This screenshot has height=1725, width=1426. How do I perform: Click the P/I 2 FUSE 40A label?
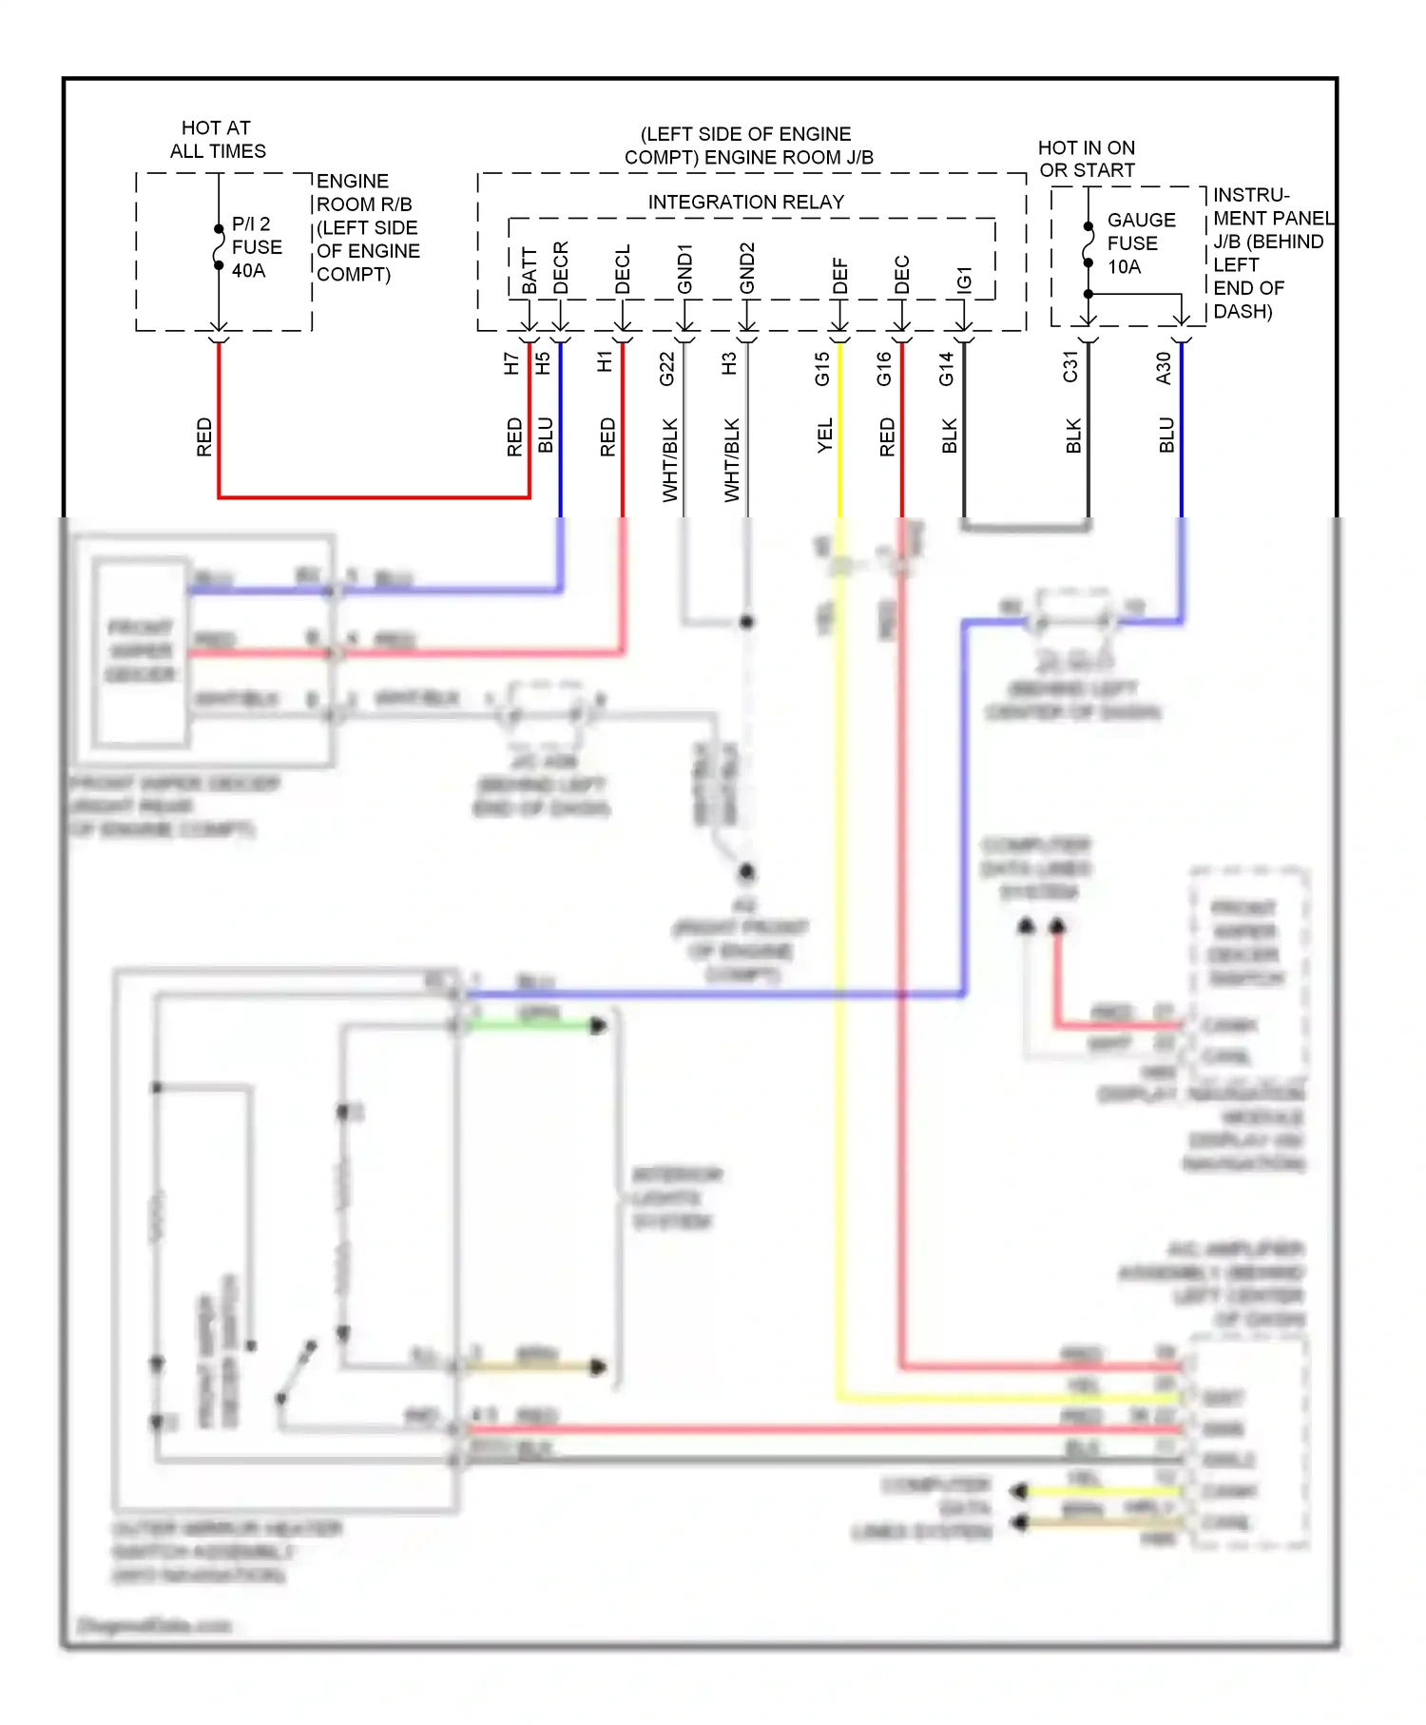click(256, 247)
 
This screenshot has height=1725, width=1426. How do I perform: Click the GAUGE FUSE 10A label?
click(1140, 243)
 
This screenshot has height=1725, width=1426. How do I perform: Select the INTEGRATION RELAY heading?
click(745, 202)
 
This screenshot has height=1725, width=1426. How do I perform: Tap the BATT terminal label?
click(530, 271)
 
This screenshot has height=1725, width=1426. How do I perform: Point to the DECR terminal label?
click(561, 268)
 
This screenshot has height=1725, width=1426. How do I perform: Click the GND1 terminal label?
click(684, 269)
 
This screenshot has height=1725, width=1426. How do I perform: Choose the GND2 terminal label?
click(747, 269)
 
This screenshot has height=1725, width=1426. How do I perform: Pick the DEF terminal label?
click(839, 276)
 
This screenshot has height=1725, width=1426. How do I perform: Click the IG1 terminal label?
click(964, 279)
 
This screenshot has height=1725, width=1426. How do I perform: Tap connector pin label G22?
click(667, 369)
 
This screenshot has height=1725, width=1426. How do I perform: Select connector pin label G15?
click(822, 369)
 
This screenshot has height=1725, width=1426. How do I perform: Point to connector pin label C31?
click(1070, 367)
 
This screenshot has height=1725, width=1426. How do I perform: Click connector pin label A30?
click(1164, 368)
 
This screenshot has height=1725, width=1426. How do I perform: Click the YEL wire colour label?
click(825, 436)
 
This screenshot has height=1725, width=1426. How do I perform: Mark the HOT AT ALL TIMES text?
click(217, 140)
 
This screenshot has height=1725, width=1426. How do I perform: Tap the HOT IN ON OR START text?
click(1087, 159)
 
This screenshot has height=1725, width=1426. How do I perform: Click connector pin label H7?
click(511, 363)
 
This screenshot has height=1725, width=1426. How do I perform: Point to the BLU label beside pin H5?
click(546, 435)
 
